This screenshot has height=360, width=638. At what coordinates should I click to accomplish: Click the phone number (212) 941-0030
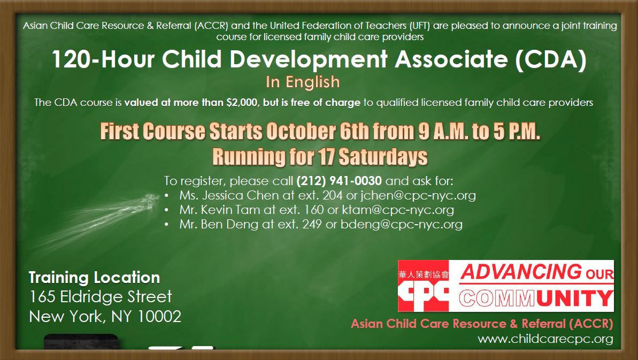pos(339,180)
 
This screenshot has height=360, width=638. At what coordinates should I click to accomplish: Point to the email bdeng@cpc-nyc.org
pos(402,225)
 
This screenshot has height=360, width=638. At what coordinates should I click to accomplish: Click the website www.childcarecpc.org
pos(545,339)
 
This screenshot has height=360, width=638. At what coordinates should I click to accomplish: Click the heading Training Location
pos(94,278)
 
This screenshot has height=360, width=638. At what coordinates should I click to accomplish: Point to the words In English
pos(302,82)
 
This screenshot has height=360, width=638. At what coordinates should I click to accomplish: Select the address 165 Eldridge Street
pos(101,297)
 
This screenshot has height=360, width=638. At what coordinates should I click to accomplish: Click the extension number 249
pos(312,225)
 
